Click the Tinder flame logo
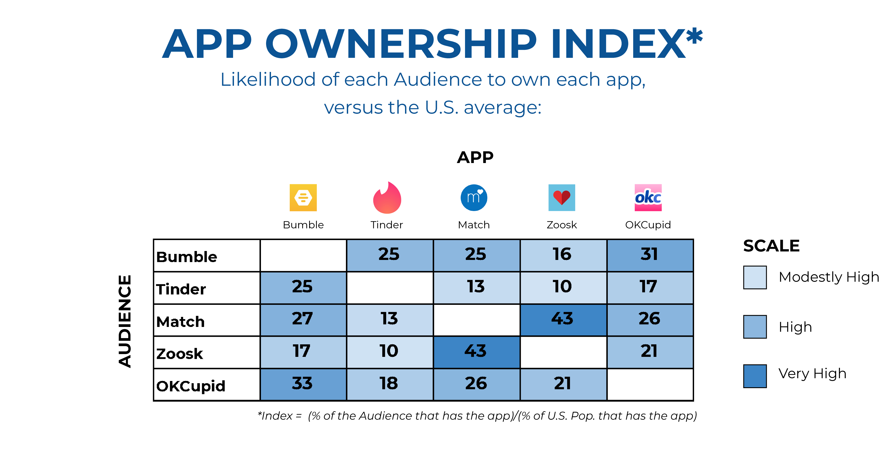[387, 198]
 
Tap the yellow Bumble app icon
[303, 198]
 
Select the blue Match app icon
[474, 198]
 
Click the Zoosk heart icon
[562, 198]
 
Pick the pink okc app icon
[648, 198]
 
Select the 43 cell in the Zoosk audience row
[477, 352]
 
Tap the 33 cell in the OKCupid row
[303, 384]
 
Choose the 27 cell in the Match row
[303, 320]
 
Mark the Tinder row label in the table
[181, 289]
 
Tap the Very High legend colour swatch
[755, 376]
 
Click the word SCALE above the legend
[771, 246]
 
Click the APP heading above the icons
[475, 157]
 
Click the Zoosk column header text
[562, 225]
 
